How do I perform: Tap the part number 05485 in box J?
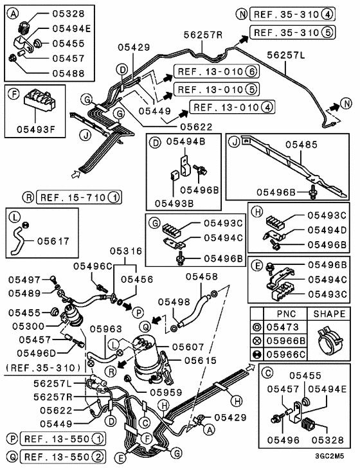coord(303,145)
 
